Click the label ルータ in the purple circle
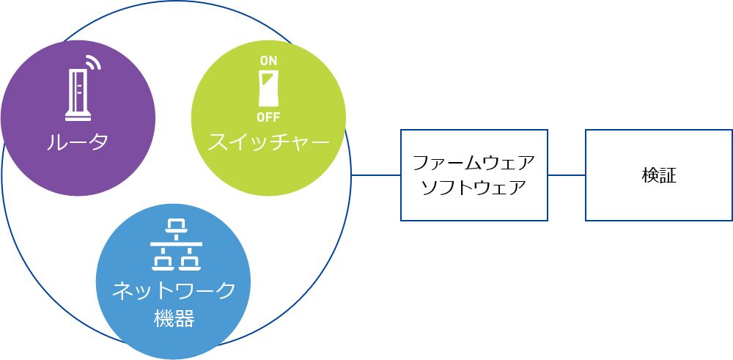78,142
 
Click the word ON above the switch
268,61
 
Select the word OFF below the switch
268,117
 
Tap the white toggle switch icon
269,89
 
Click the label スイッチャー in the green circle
269,142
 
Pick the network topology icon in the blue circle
176,244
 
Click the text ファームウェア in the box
474,164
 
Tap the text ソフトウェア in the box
474,188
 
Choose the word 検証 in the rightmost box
659,175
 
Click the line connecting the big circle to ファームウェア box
376,175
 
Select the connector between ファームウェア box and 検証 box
567,175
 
